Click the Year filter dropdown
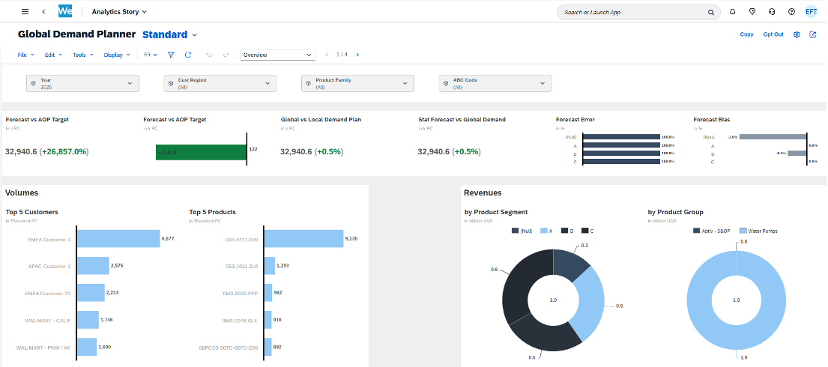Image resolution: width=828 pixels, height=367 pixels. pos(82,84)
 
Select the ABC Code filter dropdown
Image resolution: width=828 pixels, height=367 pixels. pos(495,84)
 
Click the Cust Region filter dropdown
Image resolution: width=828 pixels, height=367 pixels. pos(220,84)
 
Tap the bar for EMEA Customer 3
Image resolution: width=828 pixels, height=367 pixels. pos(118,239)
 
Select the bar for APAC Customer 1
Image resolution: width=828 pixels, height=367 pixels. pos(94,266)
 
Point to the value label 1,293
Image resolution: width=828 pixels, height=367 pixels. pos(285,266)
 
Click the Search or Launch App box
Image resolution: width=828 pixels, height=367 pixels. pos(633,13)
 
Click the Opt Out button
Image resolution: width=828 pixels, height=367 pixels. pos(773,34)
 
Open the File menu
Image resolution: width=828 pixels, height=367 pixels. pos(25,55)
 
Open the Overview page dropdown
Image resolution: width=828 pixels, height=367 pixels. pos(278,55)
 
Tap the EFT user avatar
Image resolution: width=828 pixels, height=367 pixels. pos(811,12)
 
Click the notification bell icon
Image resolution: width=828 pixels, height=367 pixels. pos(732,12)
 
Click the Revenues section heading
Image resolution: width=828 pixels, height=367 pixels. pos(483,193)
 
